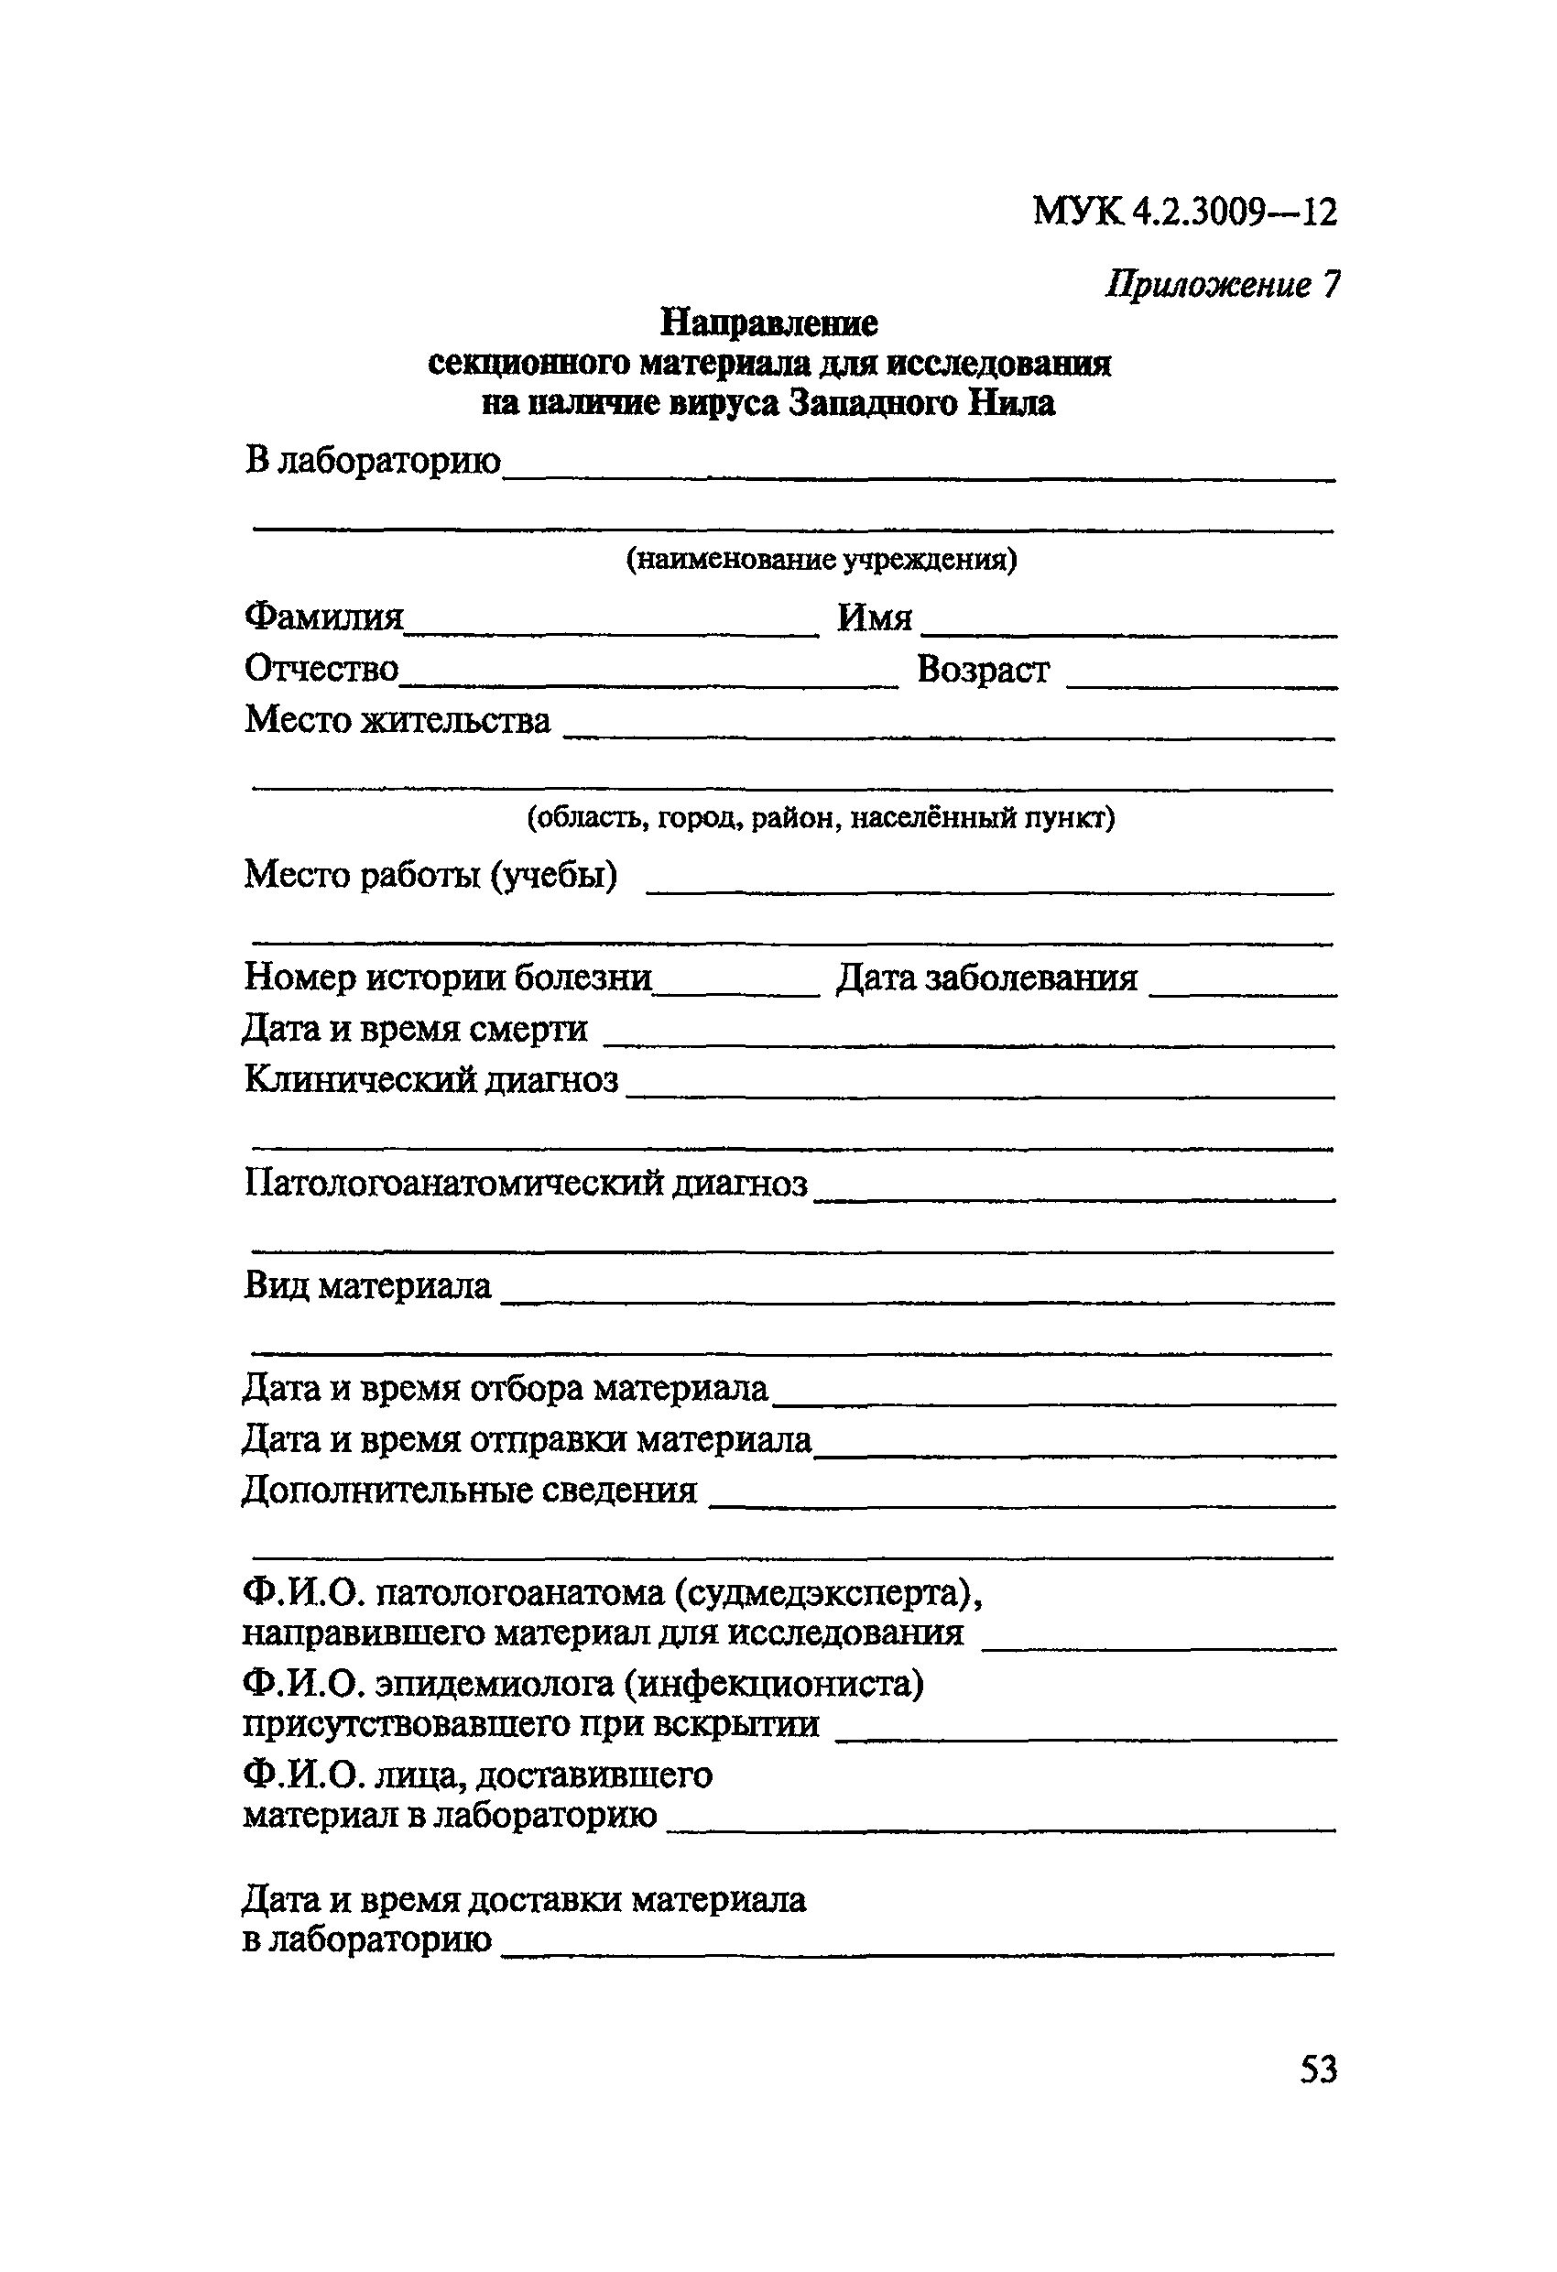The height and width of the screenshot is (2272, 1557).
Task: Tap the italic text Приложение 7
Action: (1222, 285)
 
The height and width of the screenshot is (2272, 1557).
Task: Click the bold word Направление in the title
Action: (768, 322)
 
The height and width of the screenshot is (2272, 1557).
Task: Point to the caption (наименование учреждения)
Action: (821, 559)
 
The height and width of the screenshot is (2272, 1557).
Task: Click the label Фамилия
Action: (323, 617)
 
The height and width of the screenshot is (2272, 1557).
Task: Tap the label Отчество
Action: (321, 669)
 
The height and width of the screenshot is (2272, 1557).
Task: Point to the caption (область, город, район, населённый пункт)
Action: (821, 816)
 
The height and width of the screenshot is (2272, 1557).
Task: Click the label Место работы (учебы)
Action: (430, 874)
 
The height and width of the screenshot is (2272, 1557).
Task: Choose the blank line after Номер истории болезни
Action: (737, 992)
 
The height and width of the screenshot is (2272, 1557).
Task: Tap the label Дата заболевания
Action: (986, 978)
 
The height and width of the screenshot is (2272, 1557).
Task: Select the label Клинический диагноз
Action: (431, 1079)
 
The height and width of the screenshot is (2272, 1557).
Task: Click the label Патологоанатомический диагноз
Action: (526, 1183)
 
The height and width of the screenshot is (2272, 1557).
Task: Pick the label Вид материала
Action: (367, 1285)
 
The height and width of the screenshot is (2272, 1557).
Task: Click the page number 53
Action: (1318, 2070)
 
